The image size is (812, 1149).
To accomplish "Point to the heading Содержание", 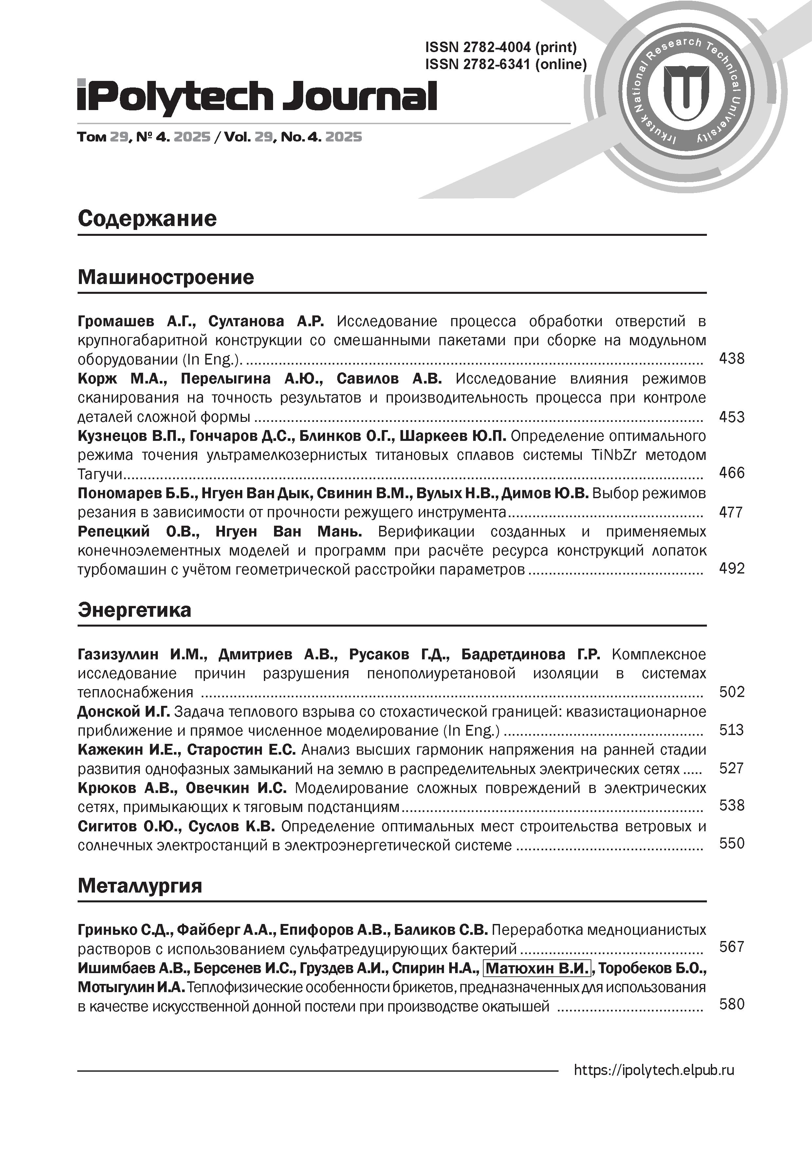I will [147, 219].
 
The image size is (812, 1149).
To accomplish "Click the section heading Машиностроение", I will [166, 277].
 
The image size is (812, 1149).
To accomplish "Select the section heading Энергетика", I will [134, 610].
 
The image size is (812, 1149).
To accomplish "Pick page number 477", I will [730, 512].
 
